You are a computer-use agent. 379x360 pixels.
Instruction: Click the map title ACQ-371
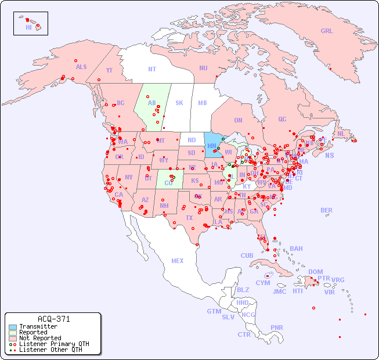pyautogui.click(x=53, y=319)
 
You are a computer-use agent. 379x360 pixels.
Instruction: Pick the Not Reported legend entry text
pyautogui.click(x=40, y=338)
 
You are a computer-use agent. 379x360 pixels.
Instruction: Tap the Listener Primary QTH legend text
pyautogui.click(x=54, y=344)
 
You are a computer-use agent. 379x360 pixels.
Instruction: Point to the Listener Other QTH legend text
pyautogui.click(x=50, y=350)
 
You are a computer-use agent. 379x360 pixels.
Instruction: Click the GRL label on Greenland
pyautogui.click(x=327, y=31)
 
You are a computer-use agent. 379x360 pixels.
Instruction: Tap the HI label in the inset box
pyautogui.click(x=28, y=27)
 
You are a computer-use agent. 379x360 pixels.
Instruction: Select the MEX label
pyautogui.click(x=178, y=261)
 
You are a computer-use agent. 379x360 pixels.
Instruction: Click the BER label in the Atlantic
pyautogui.click(x=327, y=210)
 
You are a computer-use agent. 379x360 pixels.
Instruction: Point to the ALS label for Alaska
pyautogui.click(x=81, y=67)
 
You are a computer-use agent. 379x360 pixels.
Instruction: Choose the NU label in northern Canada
pyautogui.click(x=203, y=68)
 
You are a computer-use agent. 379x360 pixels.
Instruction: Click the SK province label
pyautogui.click(x=179, y=103)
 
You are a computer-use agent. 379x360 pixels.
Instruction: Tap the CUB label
pyautogui.click(x=247, y=255)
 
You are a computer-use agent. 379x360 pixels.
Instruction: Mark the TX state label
pyautogui.click(x=189, y=218)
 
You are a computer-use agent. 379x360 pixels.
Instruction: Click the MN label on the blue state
pyautogui.click(x=212, y=146)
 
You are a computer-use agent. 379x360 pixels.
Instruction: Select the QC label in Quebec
pyautogui.click(x=282, y=119)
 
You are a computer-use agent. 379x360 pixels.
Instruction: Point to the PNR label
pyautogui.click(x=277, y=327)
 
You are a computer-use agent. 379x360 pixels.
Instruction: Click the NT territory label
pyautogui.click(x=152, y=69)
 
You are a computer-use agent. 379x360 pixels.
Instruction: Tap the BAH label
pyautogui.click(x=296, y=249)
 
